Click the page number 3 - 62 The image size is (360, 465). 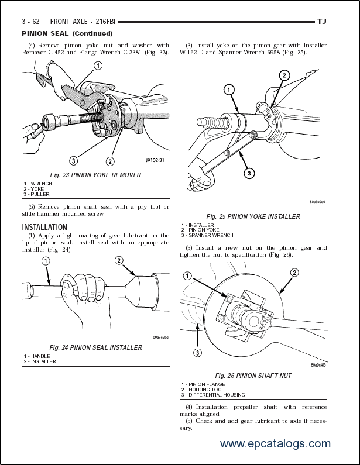click(x=31, y=22)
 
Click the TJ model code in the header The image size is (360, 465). click(x=322, y=22)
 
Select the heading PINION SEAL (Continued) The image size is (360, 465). click(x=67, y=33)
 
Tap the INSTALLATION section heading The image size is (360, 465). click(x=44, y=227)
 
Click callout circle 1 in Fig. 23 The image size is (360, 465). click(x=97, y=66)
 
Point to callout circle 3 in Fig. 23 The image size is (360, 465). click(x=74, y=160)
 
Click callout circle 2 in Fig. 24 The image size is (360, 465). click(x=119, y=260)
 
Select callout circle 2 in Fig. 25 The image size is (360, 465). click(x=284, y=75)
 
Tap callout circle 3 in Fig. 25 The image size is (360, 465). click(x=249, y=173)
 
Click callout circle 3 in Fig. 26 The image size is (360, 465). click(x=198, y=352)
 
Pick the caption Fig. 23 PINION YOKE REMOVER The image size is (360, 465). click(x=95, y=175)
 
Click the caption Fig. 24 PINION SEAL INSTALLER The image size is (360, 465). click(x=96, y=347)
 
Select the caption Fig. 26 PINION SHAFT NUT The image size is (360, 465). click(x=253, y=376)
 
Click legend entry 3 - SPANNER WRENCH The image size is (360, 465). click(x=207, y=235)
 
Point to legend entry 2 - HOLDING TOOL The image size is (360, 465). click(x=203, y=390)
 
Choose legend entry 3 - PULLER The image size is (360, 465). click(x=37, y=194)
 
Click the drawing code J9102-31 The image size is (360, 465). click(x=155, y=160)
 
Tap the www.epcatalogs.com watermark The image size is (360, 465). click(x=275, y=444)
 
